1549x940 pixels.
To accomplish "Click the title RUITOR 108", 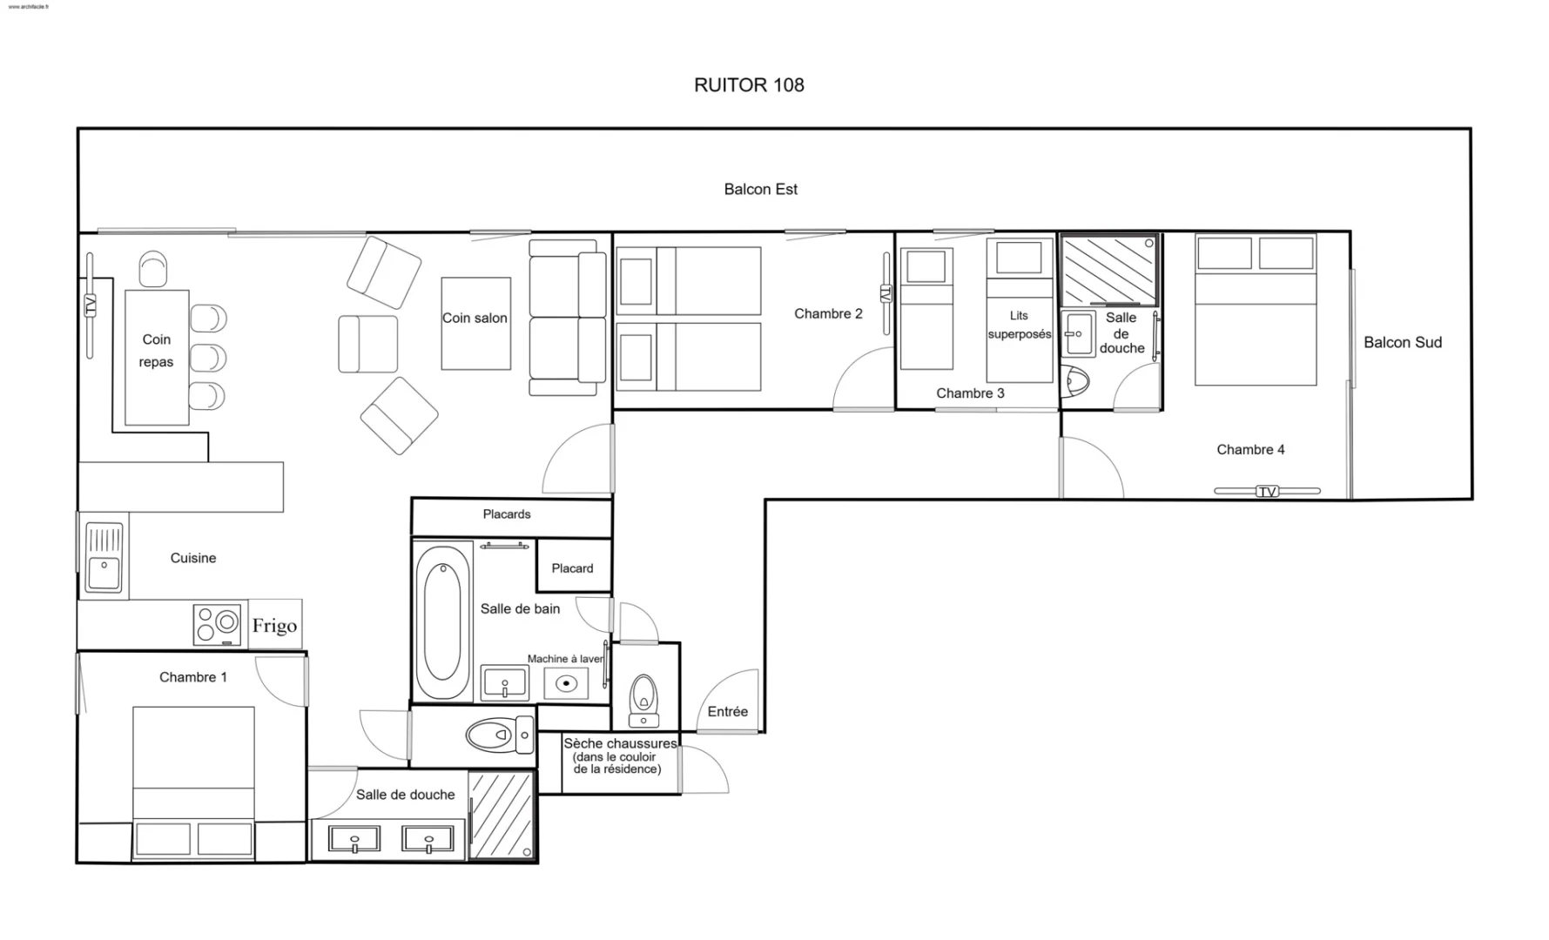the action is (x=749, y=85).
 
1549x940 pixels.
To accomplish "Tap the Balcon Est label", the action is (x=760, y=189).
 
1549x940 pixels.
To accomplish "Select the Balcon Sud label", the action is (x=1402, y=342).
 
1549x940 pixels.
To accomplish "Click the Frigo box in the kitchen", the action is (x=275, y=624).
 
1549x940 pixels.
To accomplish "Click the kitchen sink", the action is (x=104, y=557).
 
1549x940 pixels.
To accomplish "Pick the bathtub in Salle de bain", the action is (x=442, y=621).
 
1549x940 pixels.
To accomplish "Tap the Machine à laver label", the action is (x=565, y=659).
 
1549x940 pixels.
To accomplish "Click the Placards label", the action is (x=507, y=514).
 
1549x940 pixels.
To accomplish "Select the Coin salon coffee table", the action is (x=475, y=324).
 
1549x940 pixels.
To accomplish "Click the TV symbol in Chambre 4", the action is (x=1267, y=492).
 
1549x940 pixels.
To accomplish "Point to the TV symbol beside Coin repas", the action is (x=90, y=305).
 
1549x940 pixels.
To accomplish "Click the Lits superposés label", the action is (x=1019, y=325).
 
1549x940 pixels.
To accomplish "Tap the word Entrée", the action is (x=728, y=711).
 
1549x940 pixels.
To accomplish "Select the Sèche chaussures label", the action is (x=620, y=743).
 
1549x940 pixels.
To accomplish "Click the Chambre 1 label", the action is (x=193, y=677).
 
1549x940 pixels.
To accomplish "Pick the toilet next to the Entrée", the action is (x=643, y=701).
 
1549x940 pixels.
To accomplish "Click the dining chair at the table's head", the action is (x=153, y=269).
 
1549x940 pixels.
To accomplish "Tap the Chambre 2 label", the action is (x=828, y=313).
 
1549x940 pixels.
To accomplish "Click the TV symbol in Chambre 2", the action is (x=886, y=294).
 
